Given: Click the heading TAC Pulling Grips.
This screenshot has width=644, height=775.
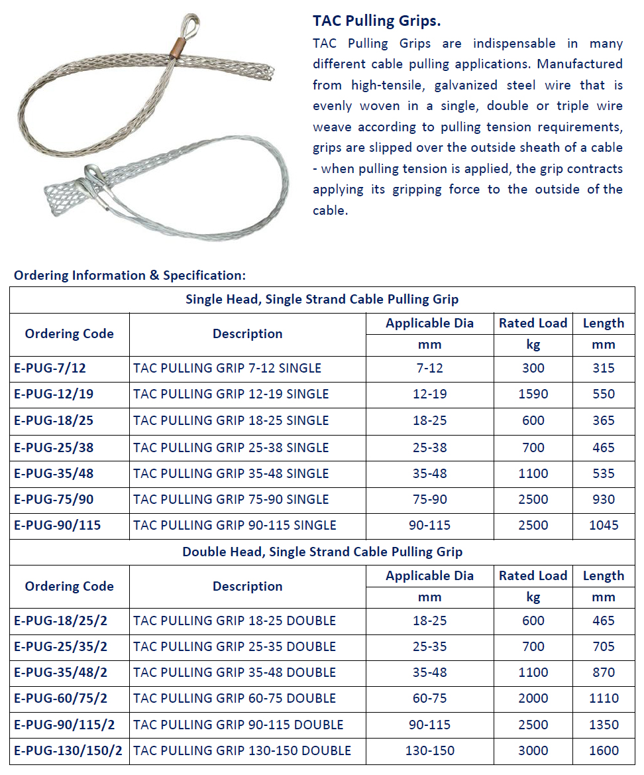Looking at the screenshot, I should [x=376, y=21].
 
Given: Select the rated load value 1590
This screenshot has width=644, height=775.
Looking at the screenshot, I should [x=533, y=394].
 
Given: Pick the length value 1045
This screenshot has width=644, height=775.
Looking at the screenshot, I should [x=603, y=526].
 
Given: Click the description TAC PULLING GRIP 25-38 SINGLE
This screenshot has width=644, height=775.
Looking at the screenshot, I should [x=231, y=447].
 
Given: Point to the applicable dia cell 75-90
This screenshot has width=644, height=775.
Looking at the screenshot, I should [x=429, y=500].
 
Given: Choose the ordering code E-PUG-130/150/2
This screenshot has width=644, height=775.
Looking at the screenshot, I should [x=68, y=751].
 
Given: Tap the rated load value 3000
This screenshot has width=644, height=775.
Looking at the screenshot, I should [x=533, y=751].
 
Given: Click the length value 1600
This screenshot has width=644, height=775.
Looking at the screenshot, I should [x=603, y=751].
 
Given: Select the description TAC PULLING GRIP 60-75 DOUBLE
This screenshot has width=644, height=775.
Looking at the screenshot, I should [x=235, y=699].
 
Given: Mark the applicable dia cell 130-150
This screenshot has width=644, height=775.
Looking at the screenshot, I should [x=429, y=751].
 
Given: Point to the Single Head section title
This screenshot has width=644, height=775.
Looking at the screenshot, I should [x=322, y=300].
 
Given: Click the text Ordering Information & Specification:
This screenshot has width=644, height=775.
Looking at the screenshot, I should [x=130, y=275].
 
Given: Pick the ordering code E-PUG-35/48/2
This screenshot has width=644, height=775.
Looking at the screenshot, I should [x=60, y=673].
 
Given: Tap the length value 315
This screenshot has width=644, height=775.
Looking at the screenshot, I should [x=603, y=369].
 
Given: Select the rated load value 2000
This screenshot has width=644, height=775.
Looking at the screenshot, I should [x=533, y=699].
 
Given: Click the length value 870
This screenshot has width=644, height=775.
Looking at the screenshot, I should [x=603, y=673].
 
